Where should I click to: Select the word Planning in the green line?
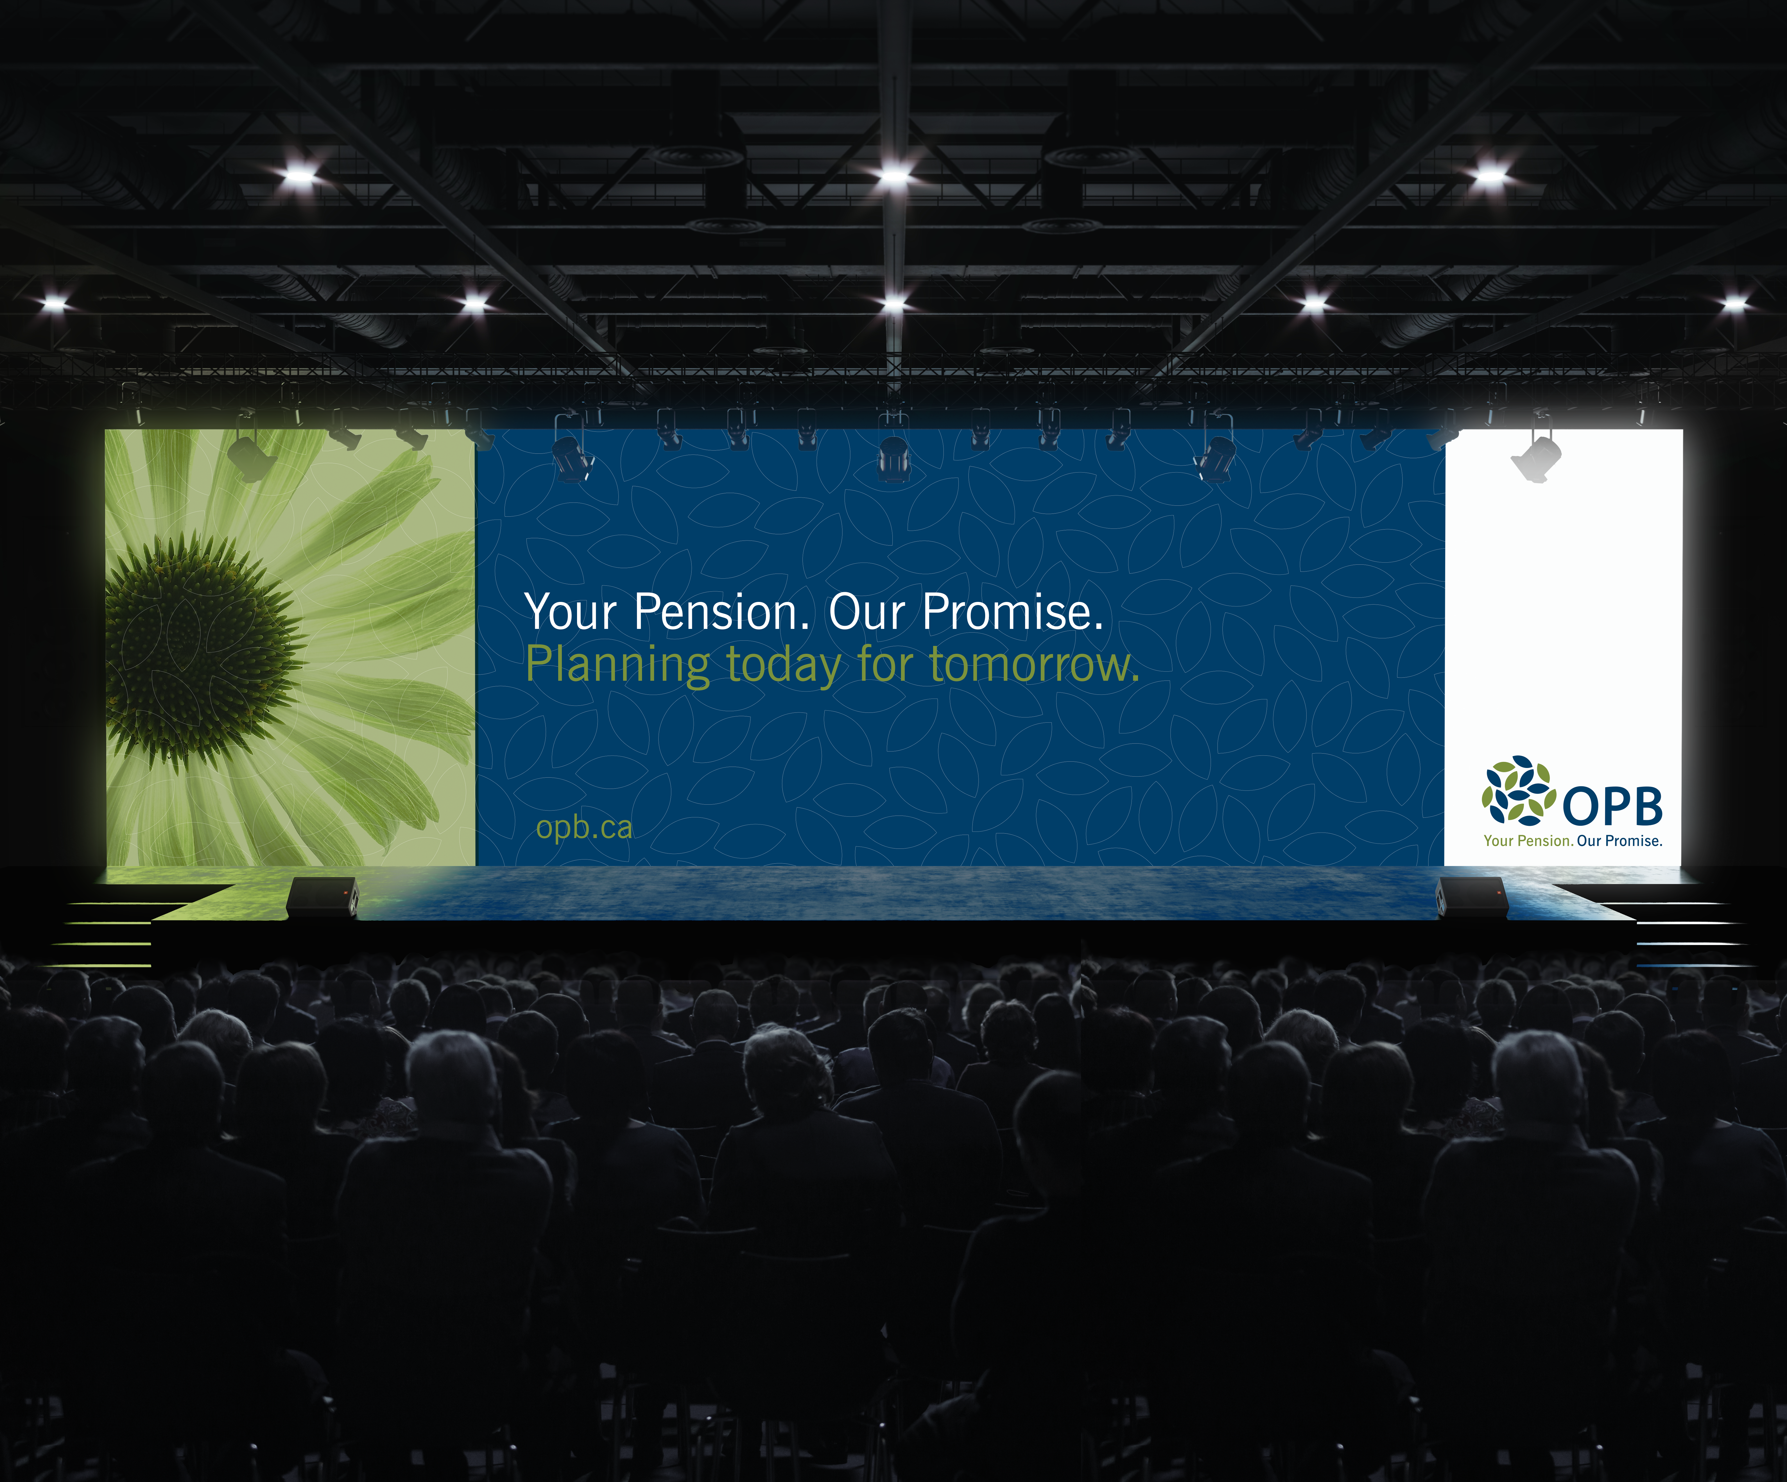617,665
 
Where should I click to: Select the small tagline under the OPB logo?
1573,840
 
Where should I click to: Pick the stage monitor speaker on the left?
323,898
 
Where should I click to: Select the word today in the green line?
783,665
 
